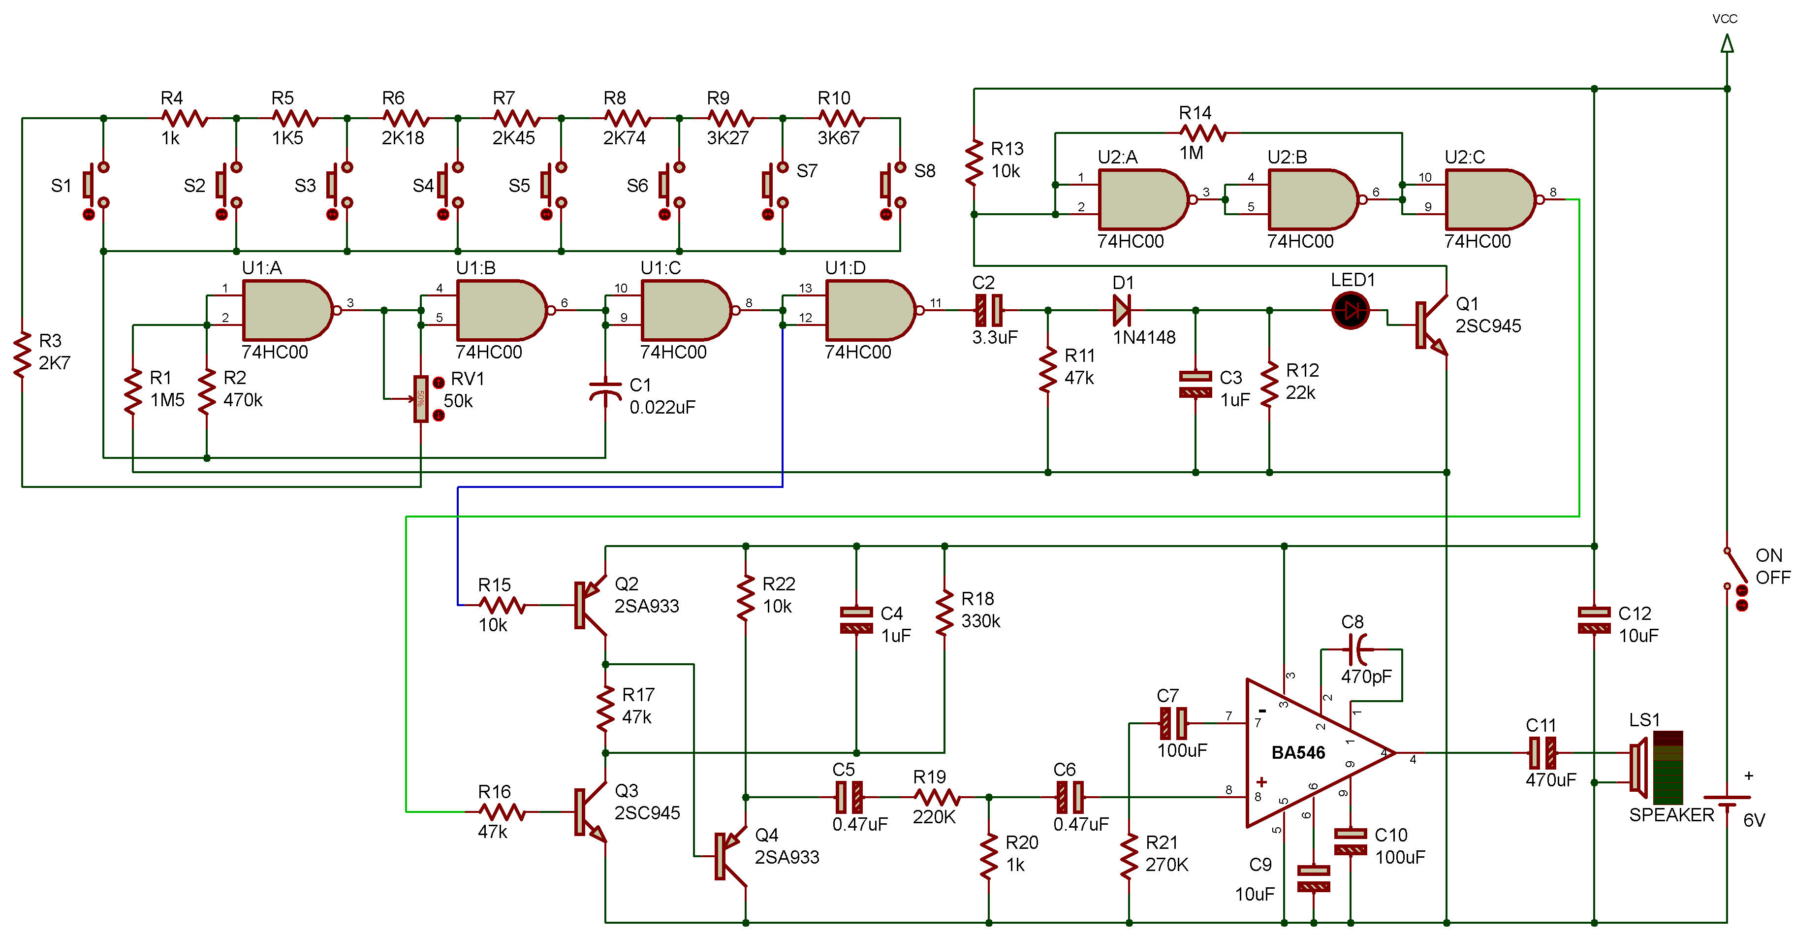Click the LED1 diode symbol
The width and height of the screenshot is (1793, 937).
(1351, 311)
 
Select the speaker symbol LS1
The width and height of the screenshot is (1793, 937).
(1657, 768)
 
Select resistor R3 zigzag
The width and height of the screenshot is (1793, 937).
(22, 355)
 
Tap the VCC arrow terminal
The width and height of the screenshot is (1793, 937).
(1727, 44)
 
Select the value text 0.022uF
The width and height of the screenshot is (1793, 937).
(662, 407)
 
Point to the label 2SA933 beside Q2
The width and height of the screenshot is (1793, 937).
(647, 606)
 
